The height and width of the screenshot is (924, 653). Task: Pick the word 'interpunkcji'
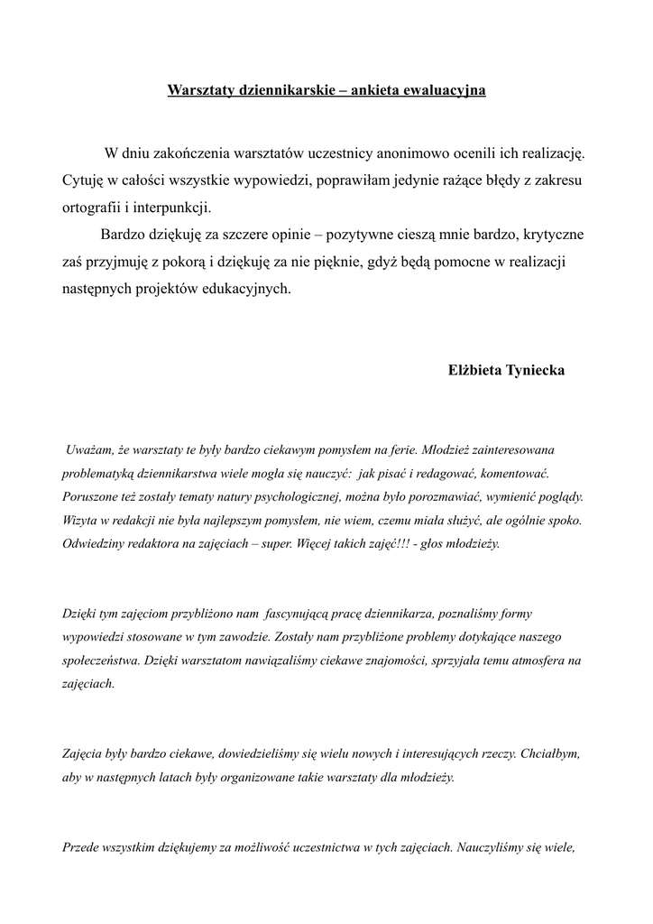tap(172, 207)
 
